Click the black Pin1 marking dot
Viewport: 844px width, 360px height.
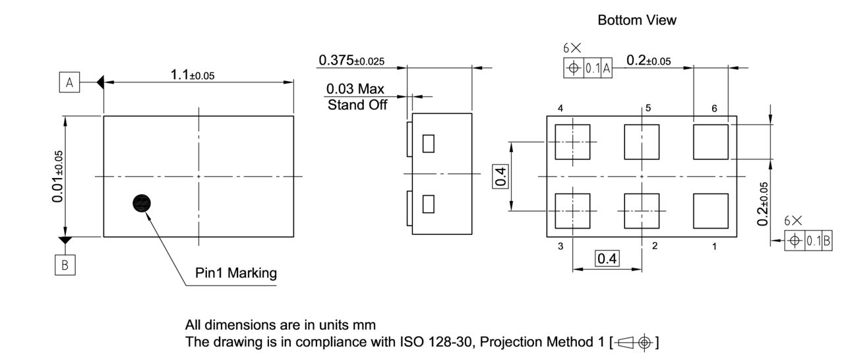point(142,204)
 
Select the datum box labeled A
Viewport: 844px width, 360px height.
point(69,82)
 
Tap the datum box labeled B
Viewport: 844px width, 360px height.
point(65,265)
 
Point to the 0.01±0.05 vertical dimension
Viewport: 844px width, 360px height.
point(59,176)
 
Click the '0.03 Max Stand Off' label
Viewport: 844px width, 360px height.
point(357,97)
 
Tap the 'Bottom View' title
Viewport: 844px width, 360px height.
point(636,20)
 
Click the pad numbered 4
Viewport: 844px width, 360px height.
point(572,142)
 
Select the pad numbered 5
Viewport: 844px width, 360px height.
point(642,142)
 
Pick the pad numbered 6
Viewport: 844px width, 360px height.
point(711,142)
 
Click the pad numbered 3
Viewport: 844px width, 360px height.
point(572,210)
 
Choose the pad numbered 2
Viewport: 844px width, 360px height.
point(642,210)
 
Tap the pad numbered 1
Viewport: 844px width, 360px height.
point(711,210)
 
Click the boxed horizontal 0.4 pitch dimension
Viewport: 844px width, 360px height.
point(607,259)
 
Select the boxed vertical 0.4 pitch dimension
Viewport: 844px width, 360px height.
point(501,176)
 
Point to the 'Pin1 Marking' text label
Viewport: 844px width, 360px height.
point(236,273)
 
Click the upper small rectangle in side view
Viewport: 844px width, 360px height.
point(429,143)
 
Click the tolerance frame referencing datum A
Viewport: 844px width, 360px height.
point(588,69)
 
